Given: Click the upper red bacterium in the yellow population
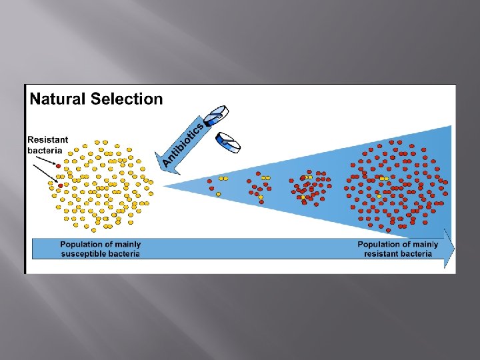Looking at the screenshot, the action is (x=58, y=165).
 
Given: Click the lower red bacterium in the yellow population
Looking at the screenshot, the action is (x=61, y=185).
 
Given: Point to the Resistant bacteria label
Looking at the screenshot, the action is (x=47, y=145).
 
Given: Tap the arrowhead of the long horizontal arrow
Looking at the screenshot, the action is (x=450, y=248).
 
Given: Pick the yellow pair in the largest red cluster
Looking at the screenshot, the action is (x=383, y=179).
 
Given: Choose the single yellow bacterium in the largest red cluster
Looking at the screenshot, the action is (x=379, y=196).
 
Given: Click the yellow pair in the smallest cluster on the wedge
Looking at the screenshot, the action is (x=223, y=179).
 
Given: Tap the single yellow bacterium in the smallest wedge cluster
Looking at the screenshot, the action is (x=218, y=194).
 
